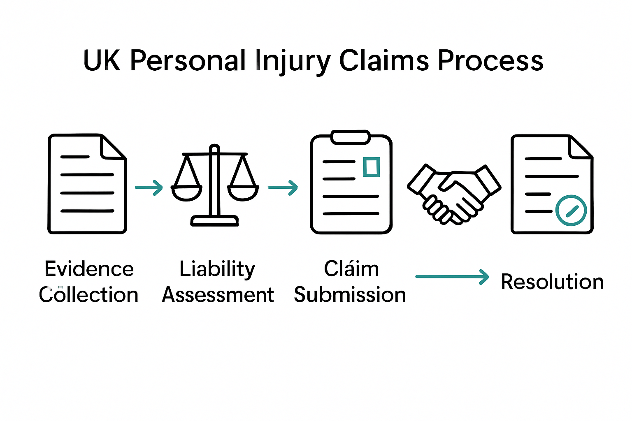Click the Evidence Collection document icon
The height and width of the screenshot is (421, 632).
[87, 184]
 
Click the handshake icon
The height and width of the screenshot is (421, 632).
[454, 193]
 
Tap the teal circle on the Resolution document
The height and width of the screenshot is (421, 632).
[571, 210]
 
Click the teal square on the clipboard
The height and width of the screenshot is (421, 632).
[372, 167]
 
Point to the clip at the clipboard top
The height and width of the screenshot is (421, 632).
[351, 137]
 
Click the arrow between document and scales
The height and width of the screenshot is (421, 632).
[149, 187]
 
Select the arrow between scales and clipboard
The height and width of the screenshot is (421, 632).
[283, 187]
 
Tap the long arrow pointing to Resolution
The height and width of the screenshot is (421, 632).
[452, 277]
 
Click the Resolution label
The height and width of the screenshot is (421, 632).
[552, 282]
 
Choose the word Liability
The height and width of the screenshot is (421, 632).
[217, 269]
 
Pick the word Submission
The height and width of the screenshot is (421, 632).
[350, 295]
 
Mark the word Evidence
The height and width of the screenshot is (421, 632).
[89, 269]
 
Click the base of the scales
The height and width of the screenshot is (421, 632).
[214, 221]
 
